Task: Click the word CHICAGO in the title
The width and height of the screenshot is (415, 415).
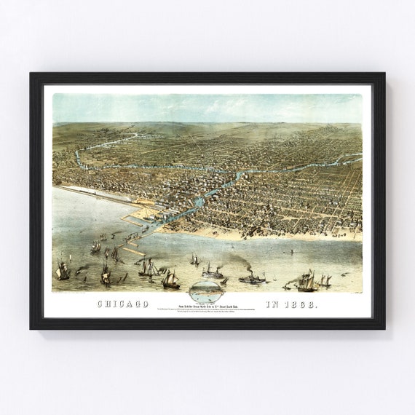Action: click(122, 304)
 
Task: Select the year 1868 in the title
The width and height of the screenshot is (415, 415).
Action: click(301, 304)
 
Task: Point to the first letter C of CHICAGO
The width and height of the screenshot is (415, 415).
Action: click(100, 304)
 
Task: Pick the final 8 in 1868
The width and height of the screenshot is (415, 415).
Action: click(314, 304)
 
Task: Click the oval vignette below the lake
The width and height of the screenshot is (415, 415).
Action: click(207, 292)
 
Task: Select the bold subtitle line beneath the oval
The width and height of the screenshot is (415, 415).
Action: click(207, 307)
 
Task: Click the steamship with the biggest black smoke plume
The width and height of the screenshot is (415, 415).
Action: click(252, 277)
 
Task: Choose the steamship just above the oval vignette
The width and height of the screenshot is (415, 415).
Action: click(213, 273)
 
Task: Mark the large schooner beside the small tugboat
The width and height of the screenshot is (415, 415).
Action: click(307, 280)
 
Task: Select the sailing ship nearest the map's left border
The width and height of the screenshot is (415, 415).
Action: click(63, 272)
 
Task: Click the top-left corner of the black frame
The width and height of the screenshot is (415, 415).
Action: click(31, 74)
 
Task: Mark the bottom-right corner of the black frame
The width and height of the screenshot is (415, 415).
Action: click(384, 328)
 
